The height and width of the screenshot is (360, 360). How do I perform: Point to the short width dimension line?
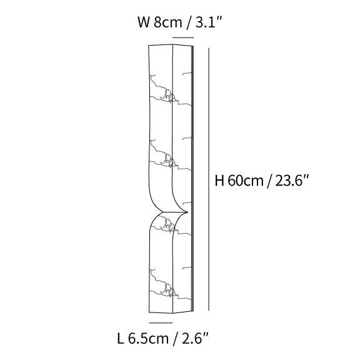point(182,37)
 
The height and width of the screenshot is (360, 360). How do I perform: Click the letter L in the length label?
point(121,339)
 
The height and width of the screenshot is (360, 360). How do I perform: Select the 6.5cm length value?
point(149,339)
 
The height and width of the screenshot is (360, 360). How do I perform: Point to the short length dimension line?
point(161,323)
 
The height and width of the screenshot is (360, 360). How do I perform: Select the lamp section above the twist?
point(166,125)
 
